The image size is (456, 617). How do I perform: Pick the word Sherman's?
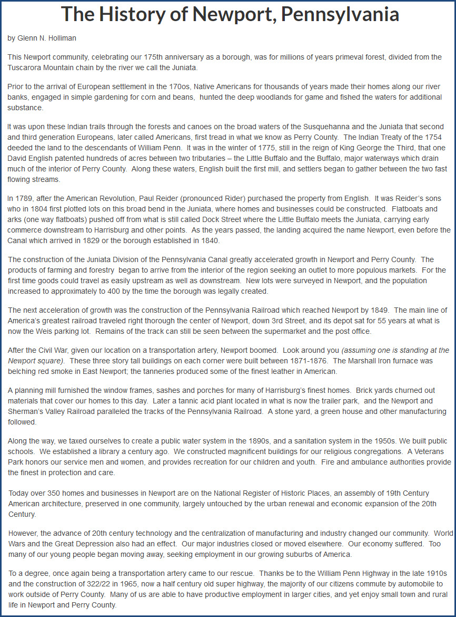26,411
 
